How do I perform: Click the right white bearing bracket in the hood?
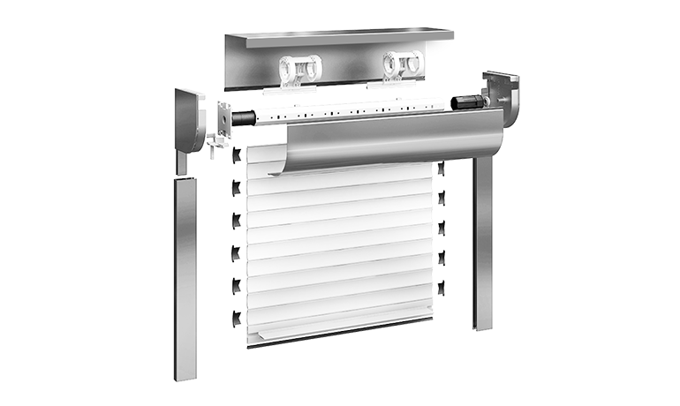(x=401, y=64)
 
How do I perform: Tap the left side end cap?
(x=191, y=119)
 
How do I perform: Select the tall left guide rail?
(x=185, y=274)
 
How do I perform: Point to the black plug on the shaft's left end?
(x=245, y=117)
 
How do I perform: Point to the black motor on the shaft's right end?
(x=468, y=102)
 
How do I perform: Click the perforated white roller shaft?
(x=353, y=113)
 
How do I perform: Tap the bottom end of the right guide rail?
(x=483, y=325)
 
